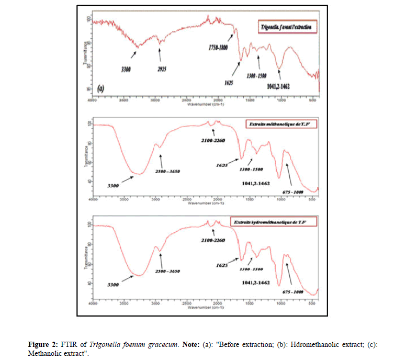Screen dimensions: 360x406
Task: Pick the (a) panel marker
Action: (100, 89)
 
